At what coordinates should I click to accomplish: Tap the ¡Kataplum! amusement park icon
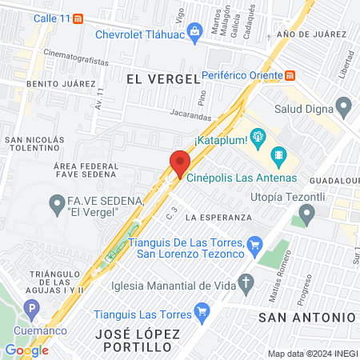(x=258, y=137)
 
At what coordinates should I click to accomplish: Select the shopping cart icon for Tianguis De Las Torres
(x=255, y=243)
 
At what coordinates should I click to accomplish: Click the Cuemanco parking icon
(x=31, y=309)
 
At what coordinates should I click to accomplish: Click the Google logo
(x=26, y=350)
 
